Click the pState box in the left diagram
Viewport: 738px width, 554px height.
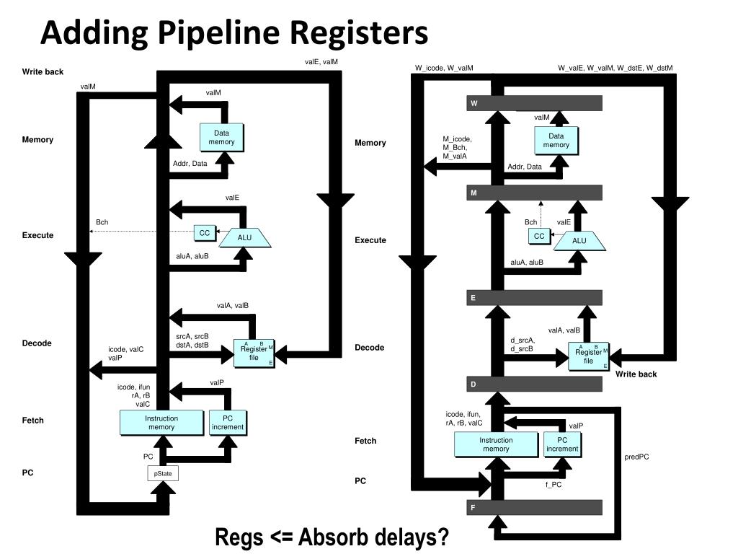[x=163, y=474]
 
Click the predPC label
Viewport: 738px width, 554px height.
[x=636, y=457]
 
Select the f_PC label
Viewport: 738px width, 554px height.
[x=553, y=485]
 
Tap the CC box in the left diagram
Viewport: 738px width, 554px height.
[x=205, y=233]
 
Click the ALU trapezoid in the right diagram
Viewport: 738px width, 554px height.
[x=579, y=241]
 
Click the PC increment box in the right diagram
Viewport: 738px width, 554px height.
[x=562, y=444]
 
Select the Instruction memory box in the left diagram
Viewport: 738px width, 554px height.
[x=161, y=423]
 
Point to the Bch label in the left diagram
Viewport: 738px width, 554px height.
[x=102, y=222]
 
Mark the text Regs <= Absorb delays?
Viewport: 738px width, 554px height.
[x=332, y=537]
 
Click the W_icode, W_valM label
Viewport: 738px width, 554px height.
[x=444, y=69]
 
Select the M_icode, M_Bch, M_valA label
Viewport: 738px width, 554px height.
[x=456, y=147]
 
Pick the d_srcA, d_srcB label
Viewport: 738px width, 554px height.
[x=523, y=345]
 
